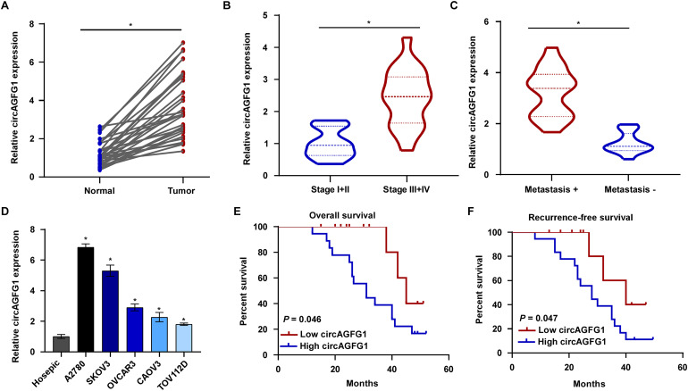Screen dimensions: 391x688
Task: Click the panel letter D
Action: [7, 214]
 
